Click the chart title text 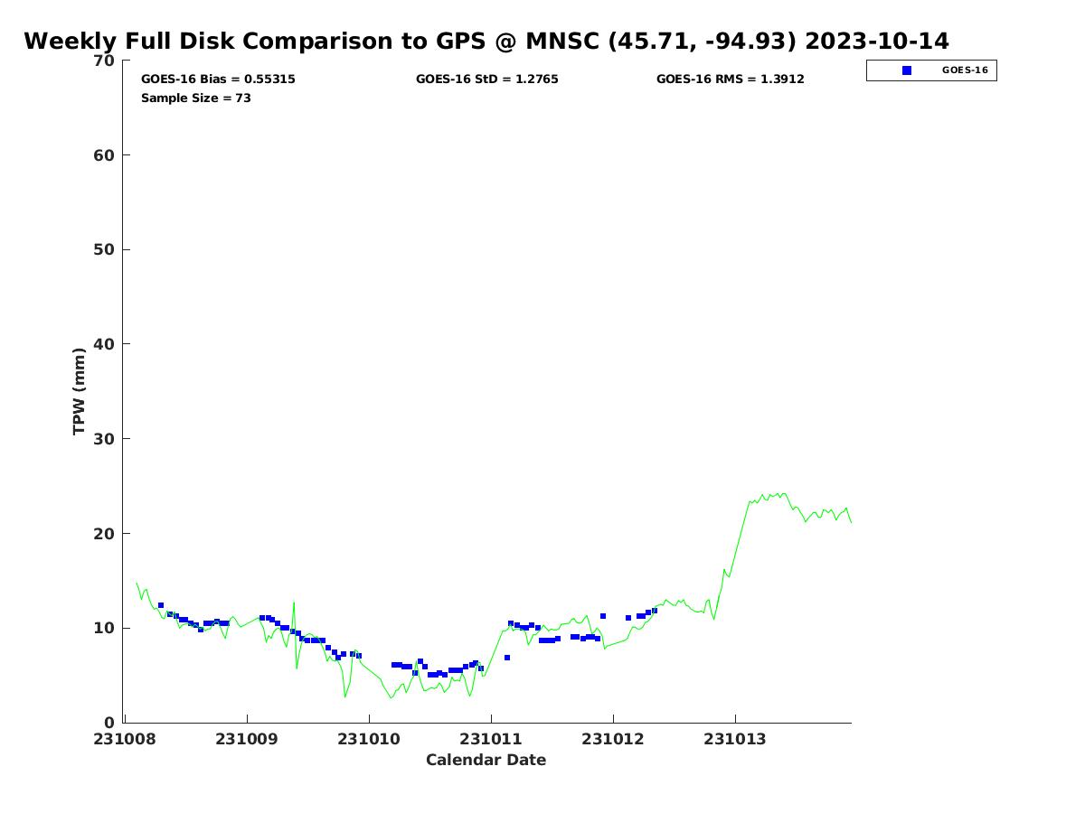[x=486, y=42]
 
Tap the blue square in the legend [x=907, y=70]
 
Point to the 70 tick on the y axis [x=105, y=61]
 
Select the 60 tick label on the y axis [x=105, y=155]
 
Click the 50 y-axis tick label [x=105, y=249]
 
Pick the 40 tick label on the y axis [x=105, y=344]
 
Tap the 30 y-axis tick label [x=105, y=439]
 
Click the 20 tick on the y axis [x=105, y=534]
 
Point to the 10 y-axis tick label [x=105, y=628]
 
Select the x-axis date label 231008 [x=126, y=740]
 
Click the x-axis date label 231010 [x=369, y=740]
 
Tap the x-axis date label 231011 [x=491, y=740]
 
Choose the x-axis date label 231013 [x=735, y=740]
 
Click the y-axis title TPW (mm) [x=80, y=391]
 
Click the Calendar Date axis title [x=486, y=761]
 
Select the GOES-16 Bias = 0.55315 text [x=218, y=79]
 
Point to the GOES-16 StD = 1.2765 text [x=487, y=79]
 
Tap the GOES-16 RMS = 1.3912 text [x=731, y=79]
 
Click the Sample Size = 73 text [x=196, y=98]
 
